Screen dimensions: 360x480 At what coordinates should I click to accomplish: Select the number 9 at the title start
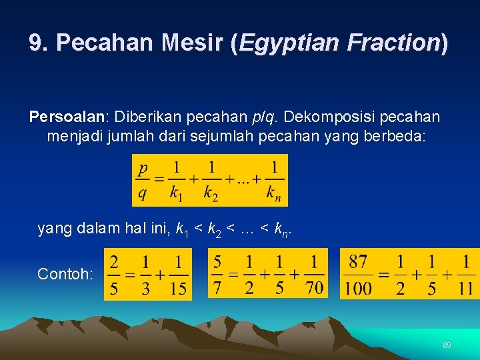36,43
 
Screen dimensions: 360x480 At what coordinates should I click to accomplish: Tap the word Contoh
65,274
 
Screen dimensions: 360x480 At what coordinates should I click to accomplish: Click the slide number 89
447,345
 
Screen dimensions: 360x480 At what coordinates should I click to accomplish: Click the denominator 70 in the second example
315,287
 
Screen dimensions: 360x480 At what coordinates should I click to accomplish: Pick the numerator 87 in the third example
360,261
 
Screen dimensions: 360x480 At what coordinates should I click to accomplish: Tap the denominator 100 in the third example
360,289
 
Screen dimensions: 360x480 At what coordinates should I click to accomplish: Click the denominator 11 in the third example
465,289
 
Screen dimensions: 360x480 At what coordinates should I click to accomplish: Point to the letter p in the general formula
143,167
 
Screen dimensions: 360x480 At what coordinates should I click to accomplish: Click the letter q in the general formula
143,193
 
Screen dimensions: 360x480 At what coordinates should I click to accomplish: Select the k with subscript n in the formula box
274,193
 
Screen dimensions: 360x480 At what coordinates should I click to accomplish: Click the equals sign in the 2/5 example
129,274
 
